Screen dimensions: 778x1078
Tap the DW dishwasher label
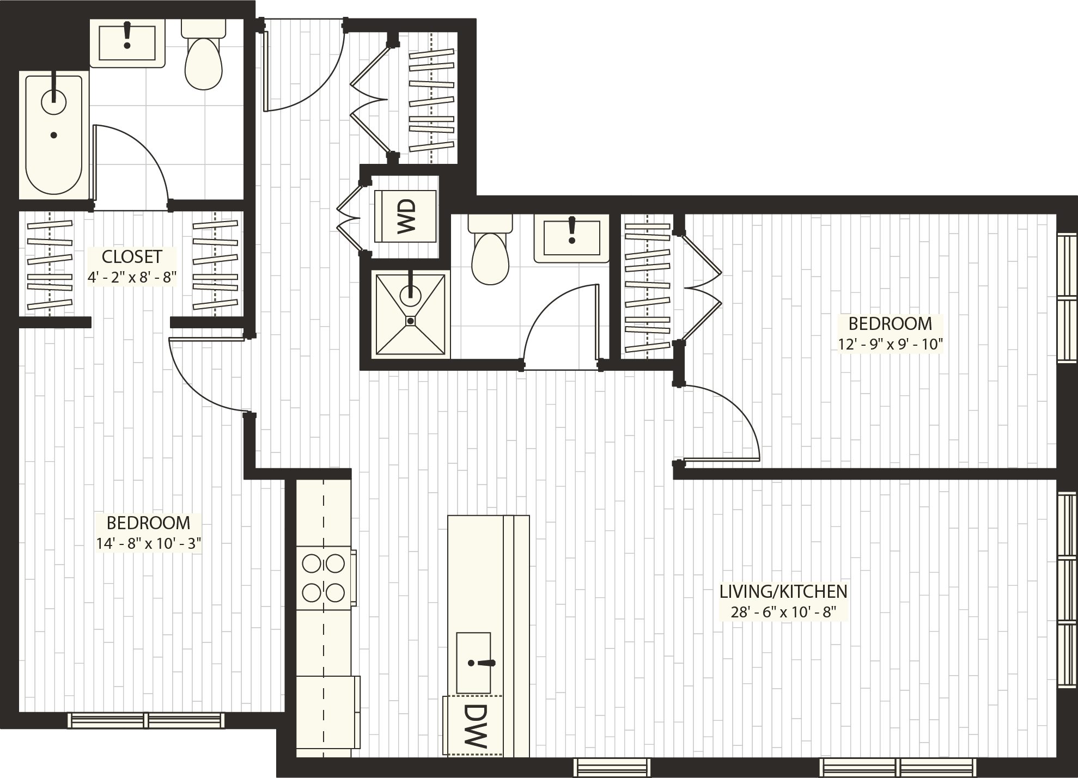coord(474,725)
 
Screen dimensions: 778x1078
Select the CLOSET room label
coord(132,256)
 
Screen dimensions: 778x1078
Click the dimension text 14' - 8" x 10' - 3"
coord(149,543)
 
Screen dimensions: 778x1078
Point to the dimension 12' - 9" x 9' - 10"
coord(890,344)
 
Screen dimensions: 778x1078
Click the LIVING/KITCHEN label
coord(783,591)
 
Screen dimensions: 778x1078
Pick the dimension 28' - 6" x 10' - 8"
coord(783,611)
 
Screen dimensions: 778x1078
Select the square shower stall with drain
coord(410,314)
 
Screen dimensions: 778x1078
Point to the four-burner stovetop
coord(324,578)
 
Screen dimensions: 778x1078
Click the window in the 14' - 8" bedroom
coord(146,720)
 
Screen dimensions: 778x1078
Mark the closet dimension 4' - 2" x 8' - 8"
coord(132,277)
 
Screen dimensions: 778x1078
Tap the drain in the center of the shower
coord(410,321)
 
